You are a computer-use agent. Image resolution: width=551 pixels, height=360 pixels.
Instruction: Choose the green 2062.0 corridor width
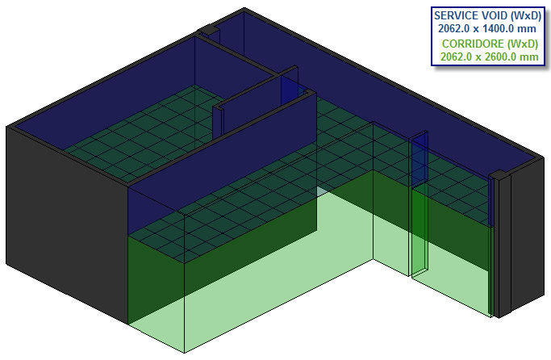coord(456,57)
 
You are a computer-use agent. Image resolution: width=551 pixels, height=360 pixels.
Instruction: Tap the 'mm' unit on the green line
coord(530,57)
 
